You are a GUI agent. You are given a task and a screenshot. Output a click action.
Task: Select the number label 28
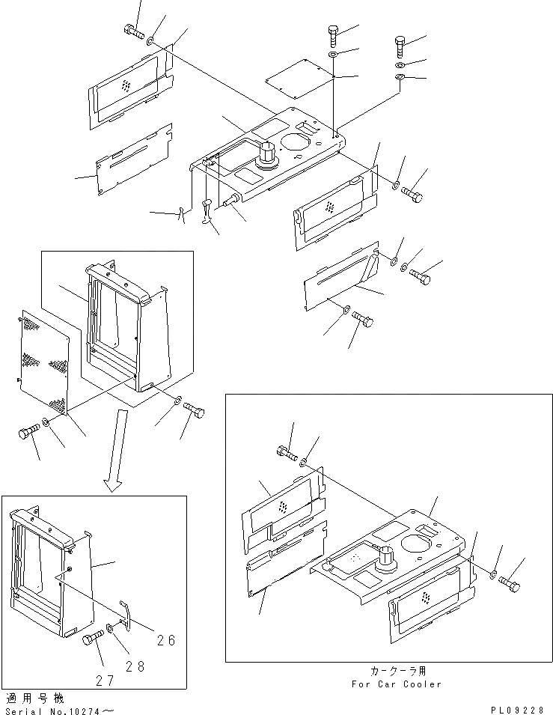coord(135,666)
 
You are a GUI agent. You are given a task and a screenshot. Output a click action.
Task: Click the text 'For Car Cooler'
coord(397,684)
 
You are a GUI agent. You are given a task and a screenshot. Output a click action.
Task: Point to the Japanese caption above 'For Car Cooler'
coord(397,672)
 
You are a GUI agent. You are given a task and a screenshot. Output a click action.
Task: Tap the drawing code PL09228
coord(521,708)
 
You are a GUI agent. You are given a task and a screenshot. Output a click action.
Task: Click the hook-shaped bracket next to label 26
coord(126,612)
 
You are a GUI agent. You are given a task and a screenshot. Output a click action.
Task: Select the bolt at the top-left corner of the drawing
coord(132,31)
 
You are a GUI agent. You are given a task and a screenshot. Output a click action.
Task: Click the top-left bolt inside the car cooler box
coord(285,452)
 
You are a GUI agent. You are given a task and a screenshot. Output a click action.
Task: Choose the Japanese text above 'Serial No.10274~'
coord(32,697)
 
